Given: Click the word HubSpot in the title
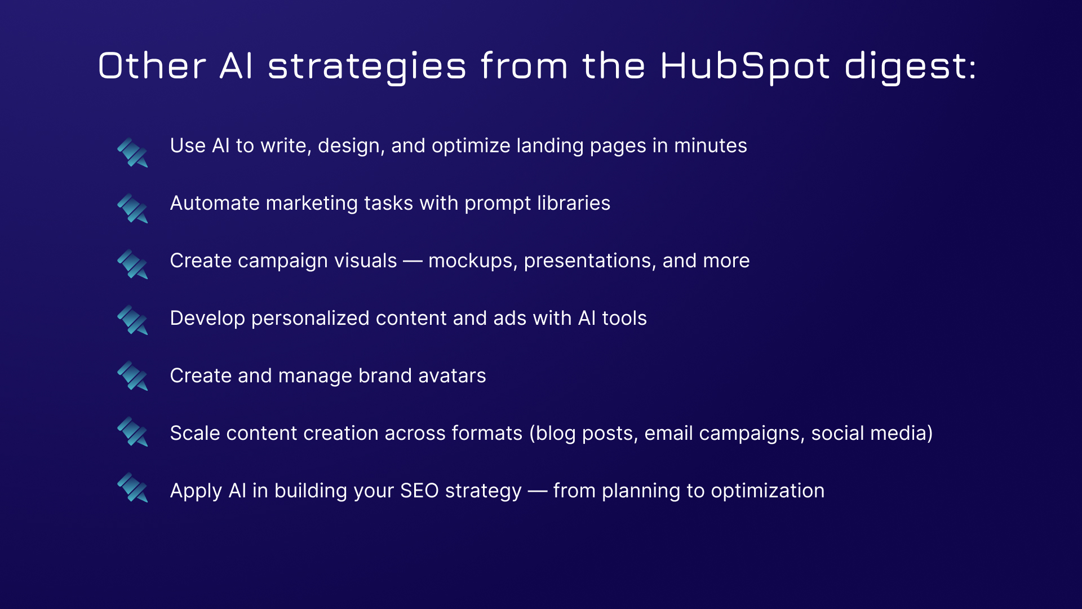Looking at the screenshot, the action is pyautogui.click(x=744, y=67).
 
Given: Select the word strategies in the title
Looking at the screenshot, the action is pyautogui.click(x=367, y=67).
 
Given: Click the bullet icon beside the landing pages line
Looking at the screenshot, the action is pyautogui.click(x=132, y=152).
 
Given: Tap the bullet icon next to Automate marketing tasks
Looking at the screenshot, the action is pyautogui.click(x=132, y=208).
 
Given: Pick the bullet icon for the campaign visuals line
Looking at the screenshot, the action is pyautogui.click(x=132, y=264).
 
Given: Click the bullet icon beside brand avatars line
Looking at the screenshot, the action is pyautogui.click(x=132, y=376).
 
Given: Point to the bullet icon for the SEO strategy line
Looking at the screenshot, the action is pyautogui.click(x=132, y=487).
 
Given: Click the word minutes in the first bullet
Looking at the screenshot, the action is pyautogui.click(x=711, y=145).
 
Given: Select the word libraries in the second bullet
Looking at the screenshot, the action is pyautogui.click(x=574, y=203).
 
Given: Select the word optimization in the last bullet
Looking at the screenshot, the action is pyautogui.click(x=768, y=491).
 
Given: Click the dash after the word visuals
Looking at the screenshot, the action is pyautogui.click(x=413, y=262).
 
